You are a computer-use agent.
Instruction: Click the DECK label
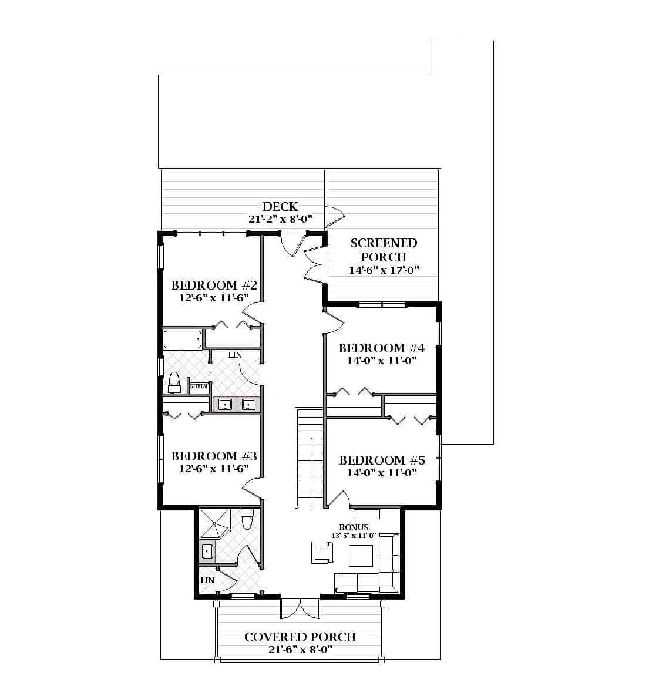[280, 206]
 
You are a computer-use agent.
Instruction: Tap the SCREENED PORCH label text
[384, 250]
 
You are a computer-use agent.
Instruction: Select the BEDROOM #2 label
[214, 285]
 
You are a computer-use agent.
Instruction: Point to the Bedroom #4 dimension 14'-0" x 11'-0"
[382, 361]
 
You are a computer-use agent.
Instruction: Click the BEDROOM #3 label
[214, 456]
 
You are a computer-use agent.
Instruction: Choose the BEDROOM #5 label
[382, 460]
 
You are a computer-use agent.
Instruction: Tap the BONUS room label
[354, 527]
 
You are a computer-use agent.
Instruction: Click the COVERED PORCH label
[300, 637]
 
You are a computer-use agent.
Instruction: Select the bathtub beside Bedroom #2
[183, 339]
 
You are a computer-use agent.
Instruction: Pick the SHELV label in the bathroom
[199, 386]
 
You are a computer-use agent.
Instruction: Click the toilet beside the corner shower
[247, 519]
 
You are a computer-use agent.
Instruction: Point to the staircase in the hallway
[309, 458]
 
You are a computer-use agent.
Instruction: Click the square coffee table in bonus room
[361, 556]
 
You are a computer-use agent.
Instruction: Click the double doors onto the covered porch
[300, 608]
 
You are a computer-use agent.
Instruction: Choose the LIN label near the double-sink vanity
[235, 355]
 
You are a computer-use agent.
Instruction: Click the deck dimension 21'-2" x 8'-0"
[280, 219]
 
